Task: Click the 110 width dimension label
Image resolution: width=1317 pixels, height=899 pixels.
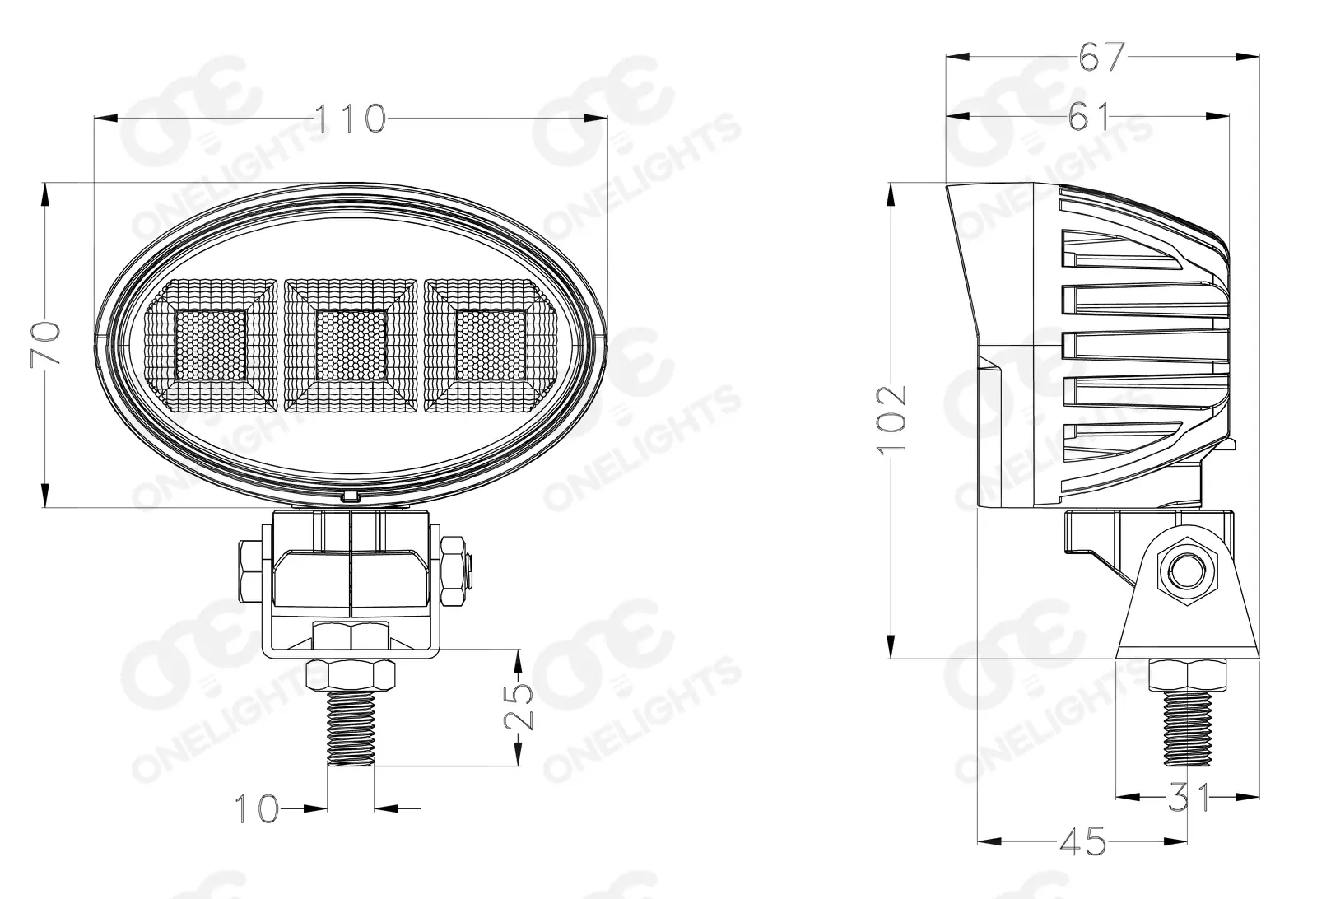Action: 351,118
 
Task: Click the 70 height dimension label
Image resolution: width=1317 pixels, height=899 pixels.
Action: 46,342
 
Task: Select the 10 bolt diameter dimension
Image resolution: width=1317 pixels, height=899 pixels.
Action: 256,808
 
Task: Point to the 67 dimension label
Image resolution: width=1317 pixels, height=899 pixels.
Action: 1101,57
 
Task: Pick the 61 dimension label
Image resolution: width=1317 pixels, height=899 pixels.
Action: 1089,116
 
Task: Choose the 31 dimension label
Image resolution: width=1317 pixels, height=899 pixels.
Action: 1188,797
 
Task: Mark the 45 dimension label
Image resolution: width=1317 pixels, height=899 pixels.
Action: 1083,841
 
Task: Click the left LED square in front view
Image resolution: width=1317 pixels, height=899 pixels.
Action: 211,345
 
